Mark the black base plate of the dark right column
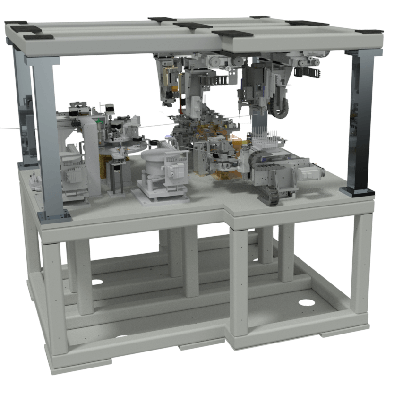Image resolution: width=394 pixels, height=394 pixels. [357, 191]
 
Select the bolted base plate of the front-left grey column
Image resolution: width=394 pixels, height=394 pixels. [54, 216]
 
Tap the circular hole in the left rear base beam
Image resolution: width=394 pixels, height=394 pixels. [97, 282]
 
